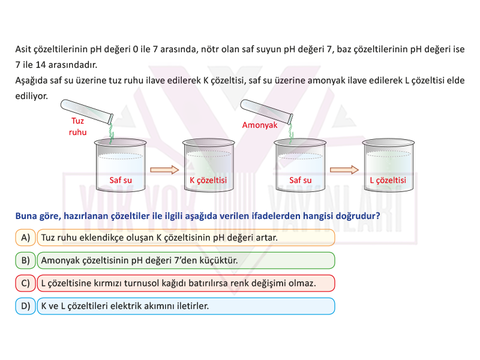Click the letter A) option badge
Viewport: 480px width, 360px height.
click(25, 238)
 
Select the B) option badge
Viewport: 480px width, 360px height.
click(25, 260)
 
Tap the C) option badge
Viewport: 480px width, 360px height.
click(25, 283)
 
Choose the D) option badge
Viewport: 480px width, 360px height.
click(25, 306)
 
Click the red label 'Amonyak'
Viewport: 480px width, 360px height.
click(260, 125)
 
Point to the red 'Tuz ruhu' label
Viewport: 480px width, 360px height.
click(78, 127)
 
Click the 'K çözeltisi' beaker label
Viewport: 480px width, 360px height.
click(208, 181)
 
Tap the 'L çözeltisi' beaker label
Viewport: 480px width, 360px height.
click(388, 181)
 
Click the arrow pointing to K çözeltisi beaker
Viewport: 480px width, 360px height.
click(164, 170)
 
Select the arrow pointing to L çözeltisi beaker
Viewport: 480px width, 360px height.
click(344, 170)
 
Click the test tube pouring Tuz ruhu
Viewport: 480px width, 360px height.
click(86, 112)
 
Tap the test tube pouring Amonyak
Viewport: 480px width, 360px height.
click(266, 112)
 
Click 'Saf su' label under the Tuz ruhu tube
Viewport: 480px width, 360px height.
click(121, 181)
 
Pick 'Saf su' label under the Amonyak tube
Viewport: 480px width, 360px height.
click(301, 181)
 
